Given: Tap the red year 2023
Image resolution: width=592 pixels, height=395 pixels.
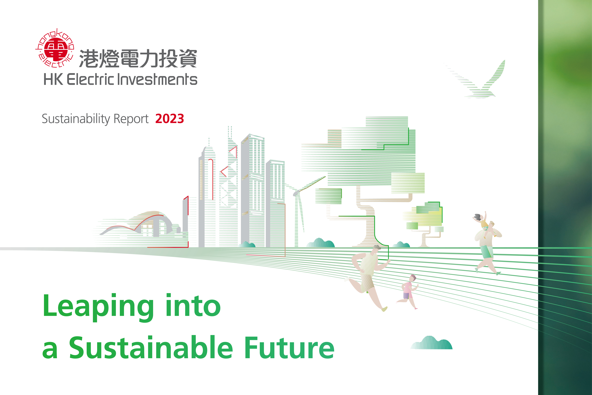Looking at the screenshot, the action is coord(170,119).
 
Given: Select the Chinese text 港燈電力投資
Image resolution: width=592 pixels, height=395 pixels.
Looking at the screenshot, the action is coord(138,58).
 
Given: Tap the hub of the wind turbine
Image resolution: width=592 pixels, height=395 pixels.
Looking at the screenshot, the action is coord(295,193).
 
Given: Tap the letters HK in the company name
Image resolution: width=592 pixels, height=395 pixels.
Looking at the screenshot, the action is coord(53,79).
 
